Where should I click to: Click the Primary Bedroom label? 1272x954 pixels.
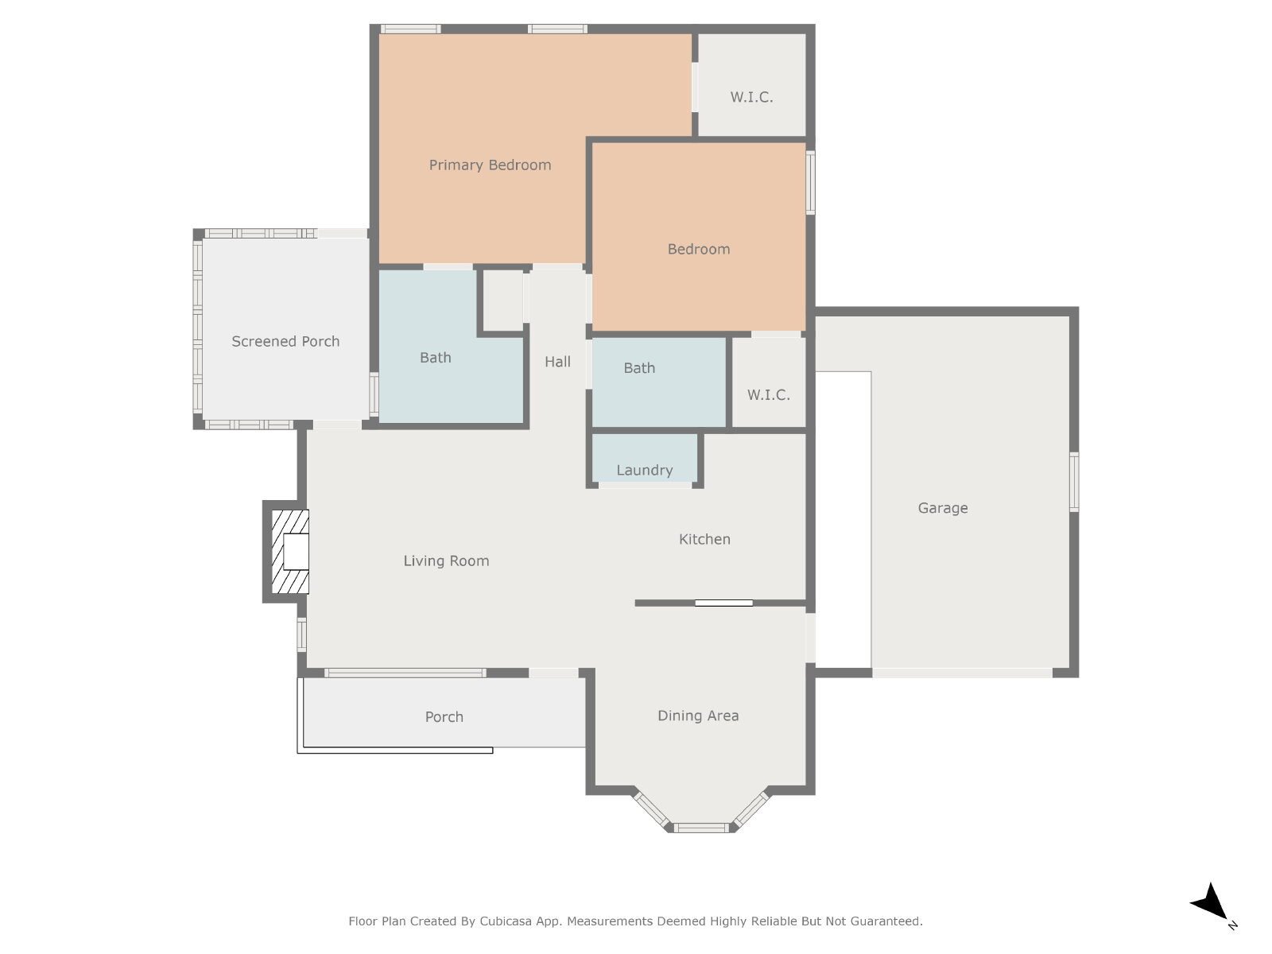pyautogui.click(x=490, y=165)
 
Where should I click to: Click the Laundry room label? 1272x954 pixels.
pyautogui.click(x=645, y=470)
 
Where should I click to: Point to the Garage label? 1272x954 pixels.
pyautogui.click(x=942, y=508)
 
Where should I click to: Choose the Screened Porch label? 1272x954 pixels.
pyautogui.click(x=285, y=341)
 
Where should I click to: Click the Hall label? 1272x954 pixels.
pyautogui.click(x=557, y=362)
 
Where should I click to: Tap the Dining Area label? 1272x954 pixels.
pyautogui.click(x=698, y=715)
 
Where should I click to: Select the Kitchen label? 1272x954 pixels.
pyautogui.click(x=704, y=539)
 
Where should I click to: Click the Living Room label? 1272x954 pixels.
pyautogui.click(x=446, y=560)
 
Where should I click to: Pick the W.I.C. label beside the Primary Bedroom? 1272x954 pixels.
pyautogui.click(x=751, y=97)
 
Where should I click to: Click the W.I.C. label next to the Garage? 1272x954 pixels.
pyautogui.click(x=769, y=394)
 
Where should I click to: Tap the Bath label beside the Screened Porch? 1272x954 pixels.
pyautogui.click(x=435, y=358)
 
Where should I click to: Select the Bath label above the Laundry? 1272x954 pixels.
pyautogui.click(x=639, y=368)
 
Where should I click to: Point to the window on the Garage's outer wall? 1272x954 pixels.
pyautogui.click(x=1074, y=482)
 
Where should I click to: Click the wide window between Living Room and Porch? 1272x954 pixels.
pyautogui.click(x=405, y=673)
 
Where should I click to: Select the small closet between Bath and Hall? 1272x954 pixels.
pyautogui.click(x=503, y=301)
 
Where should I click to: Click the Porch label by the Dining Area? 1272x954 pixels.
pyautogui.click(x=444, y=717)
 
